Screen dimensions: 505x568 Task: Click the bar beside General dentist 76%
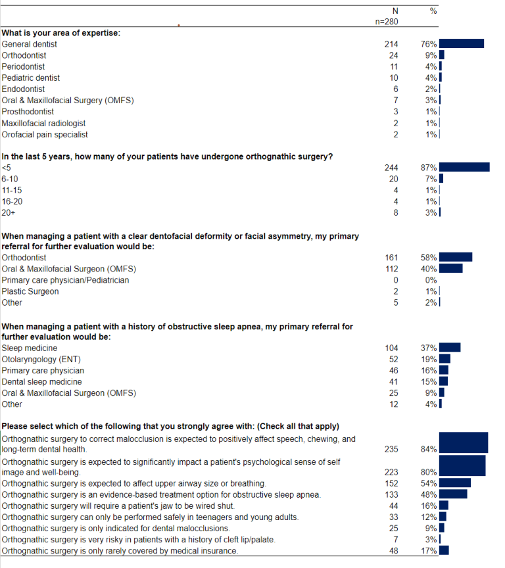461,44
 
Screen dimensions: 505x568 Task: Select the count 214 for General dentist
391,44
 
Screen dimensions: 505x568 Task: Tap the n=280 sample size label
387,22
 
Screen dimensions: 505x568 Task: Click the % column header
433,11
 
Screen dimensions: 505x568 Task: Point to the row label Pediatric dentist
31,78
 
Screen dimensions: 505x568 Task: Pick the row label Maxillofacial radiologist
43,123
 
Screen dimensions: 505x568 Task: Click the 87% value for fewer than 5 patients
429,168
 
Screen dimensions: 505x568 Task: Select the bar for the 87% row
464,167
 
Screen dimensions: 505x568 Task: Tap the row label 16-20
12,201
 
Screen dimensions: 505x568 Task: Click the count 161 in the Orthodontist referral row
391,258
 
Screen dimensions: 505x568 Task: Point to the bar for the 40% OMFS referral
450,268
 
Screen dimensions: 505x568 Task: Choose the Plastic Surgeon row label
30,291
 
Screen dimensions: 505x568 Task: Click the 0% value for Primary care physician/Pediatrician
431,280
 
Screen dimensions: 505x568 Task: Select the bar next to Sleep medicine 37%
450,347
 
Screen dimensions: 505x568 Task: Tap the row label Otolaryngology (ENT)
41,360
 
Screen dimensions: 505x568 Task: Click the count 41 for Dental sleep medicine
393,382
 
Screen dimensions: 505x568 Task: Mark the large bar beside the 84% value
464,442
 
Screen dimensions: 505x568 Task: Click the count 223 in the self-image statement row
391,472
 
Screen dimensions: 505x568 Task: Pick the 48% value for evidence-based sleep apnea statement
429,494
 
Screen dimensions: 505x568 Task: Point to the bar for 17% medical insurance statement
444,550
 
